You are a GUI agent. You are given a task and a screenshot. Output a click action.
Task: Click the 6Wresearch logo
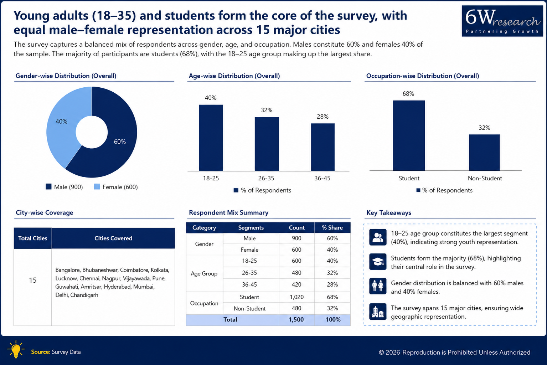tap(502, 21)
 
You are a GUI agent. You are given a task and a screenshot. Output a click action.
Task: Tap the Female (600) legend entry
tap(116, 187)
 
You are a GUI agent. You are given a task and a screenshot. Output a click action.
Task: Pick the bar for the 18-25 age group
tap(211, 138)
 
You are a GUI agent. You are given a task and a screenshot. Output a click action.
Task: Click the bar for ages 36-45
tap(322, 147)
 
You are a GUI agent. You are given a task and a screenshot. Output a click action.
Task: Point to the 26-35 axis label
tap(266, 178)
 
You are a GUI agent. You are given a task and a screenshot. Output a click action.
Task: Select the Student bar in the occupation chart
tap(409, 135)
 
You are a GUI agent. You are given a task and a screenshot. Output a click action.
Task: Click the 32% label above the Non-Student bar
tap(484, 128)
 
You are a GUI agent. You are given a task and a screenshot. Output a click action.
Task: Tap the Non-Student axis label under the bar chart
tap(485, 178)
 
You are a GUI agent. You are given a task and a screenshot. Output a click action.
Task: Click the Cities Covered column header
tap(113, 238)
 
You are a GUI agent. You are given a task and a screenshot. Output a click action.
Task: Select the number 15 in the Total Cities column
tap(33, 280)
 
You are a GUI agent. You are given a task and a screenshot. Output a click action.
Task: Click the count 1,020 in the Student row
tap(296, 297)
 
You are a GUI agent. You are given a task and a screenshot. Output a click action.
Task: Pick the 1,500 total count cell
tap(296, 320)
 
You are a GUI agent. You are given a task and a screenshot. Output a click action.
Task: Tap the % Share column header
tap(332, 228)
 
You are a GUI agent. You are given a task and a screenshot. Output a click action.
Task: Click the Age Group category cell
tap(204, 273)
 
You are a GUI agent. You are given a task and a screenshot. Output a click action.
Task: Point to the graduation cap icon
tap(377, 262)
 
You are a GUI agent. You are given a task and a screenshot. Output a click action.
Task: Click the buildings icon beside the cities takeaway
tap(377, 312)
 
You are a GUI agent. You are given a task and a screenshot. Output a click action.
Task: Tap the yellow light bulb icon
tap(16, 349)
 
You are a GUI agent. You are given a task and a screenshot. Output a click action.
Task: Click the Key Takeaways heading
tap(389, 213)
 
